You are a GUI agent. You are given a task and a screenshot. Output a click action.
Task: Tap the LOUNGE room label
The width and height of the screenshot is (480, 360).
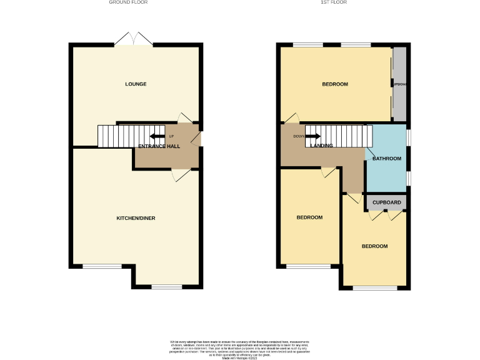click(x=136, y=84)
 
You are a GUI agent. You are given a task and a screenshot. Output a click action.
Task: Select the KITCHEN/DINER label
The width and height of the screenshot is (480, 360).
click(x=136, y=218)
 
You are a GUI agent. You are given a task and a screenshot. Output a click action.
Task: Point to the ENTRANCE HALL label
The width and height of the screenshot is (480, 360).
click(x=159, y=146)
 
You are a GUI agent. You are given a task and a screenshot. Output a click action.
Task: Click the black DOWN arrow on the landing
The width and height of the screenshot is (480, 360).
click(x=312, y=136)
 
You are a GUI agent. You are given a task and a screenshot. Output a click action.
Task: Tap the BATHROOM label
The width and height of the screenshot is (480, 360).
click(x=386, y=159)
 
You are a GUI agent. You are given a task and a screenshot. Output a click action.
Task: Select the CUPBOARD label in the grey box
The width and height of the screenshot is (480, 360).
click(x=386, y=202)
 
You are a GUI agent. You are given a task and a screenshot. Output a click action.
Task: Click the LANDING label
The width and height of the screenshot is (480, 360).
click(x=321, y=146)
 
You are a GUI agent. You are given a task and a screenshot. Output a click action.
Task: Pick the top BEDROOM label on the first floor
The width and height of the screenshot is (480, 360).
click(x=335, y=84)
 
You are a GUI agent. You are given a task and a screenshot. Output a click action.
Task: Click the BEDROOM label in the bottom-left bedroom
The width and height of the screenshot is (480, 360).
click(x=309, y=217)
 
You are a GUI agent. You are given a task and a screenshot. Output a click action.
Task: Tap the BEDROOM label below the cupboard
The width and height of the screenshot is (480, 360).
click(x=374, y=246)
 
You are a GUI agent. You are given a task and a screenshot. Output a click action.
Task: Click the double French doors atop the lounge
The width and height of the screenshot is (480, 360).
click(x=134, y=39)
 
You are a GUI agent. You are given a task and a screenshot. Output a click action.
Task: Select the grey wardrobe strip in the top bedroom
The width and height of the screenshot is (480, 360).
click(x=399, y=84)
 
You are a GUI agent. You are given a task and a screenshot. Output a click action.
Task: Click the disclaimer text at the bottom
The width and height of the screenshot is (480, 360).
click(x=240, y=348)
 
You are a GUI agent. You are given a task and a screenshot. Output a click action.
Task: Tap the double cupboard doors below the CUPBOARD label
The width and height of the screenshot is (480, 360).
click(x=385, y=215)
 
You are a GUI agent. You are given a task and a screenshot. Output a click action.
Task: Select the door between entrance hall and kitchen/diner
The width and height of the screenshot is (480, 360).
click(x=182, y=176)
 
